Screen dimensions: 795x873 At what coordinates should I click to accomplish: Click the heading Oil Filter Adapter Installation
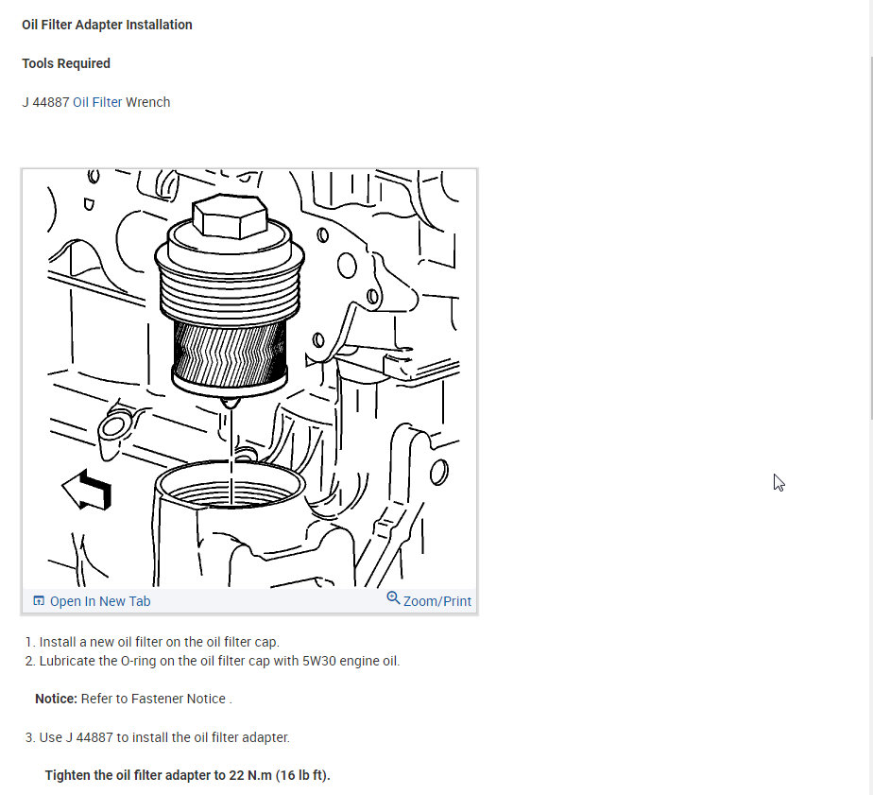coord(107,26)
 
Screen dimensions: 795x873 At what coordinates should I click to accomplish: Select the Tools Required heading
coord(66,63)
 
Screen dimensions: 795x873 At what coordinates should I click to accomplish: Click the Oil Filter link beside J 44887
coord(97,102)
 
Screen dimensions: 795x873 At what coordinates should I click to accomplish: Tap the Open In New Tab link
coord(99,601)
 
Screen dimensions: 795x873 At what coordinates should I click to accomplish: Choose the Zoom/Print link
coord(436,601)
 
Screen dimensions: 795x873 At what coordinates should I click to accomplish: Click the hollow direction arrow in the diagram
coord(86,490)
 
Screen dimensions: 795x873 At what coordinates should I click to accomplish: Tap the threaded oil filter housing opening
coord(231,487)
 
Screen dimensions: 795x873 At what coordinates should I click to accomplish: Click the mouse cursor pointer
coord(778,481)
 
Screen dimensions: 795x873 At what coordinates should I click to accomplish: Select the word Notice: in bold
coord(56,699)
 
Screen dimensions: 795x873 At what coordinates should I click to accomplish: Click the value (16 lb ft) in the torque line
coord(302,775)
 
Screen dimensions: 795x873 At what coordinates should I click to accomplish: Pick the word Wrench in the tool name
coord(148,102)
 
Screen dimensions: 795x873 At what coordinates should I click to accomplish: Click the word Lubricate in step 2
coord(68,661)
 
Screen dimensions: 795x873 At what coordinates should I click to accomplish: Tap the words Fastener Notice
coord(180,699)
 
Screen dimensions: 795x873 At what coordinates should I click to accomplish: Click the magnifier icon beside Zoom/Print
coord(393,598)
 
